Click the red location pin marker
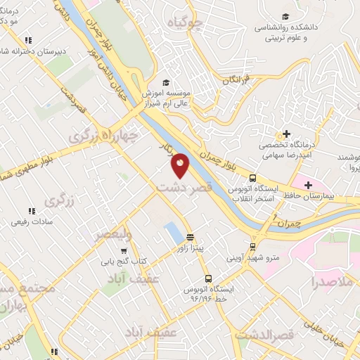tap(181, 165)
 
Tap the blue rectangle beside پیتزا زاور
tap(172, 233)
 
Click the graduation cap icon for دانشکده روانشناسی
tap(284, 17)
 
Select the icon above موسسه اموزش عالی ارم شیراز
tap(166, 82)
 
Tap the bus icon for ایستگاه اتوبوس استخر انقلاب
tap(252, 179)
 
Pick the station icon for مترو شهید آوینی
tap(252, 247)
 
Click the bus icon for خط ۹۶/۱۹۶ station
tap(207, 279)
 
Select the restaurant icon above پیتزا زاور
tap(191, 238)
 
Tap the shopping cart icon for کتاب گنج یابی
tap(124, 250)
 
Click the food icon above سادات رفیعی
tap(30, 210)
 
